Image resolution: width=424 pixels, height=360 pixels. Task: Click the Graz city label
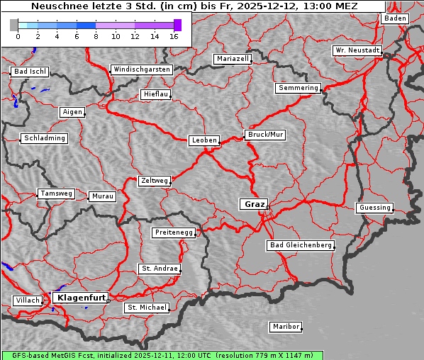(x=254, y=204)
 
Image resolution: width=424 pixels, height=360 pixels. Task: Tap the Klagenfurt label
(x=81, y=298)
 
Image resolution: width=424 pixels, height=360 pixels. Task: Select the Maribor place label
(x=286, y=327)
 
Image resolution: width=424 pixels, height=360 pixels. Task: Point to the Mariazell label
(x=233, y=59)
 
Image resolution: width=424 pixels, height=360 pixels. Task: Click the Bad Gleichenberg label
(x=301, y=245)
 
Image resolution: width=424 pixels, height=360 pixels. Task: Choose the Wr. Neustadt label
(x=357, y=50)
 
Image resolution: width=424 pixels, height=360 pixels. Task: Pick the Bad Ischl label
(x=30, y=72)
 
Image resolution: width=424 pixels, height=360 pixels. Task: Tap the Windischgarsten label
(x=142, y=69)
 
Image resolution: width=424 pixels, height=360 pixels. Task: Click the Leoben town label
(x=204, y=140)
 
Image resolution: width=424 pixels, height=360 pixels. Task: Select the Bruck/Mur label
(x=265, y=134)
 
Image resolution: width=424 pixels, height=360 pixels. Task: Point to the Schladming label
(x=45, y=138)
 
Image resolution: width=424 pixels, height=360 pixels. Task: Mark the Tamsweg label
(x=55, y=193)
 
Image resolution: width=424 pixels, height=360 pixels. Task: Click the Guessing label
(x=374, y=208)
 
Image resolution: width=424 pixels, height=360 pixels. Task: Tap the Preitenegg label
(x=174, y=232)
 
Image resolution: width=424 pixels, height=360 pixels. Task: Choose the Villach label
(x=28, y=300)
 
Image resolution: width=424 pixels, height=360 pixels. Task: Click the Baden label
(x=396, y=18)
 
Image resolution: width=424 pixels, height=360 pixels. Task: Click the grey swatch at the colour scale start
(x=13, y=25)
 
